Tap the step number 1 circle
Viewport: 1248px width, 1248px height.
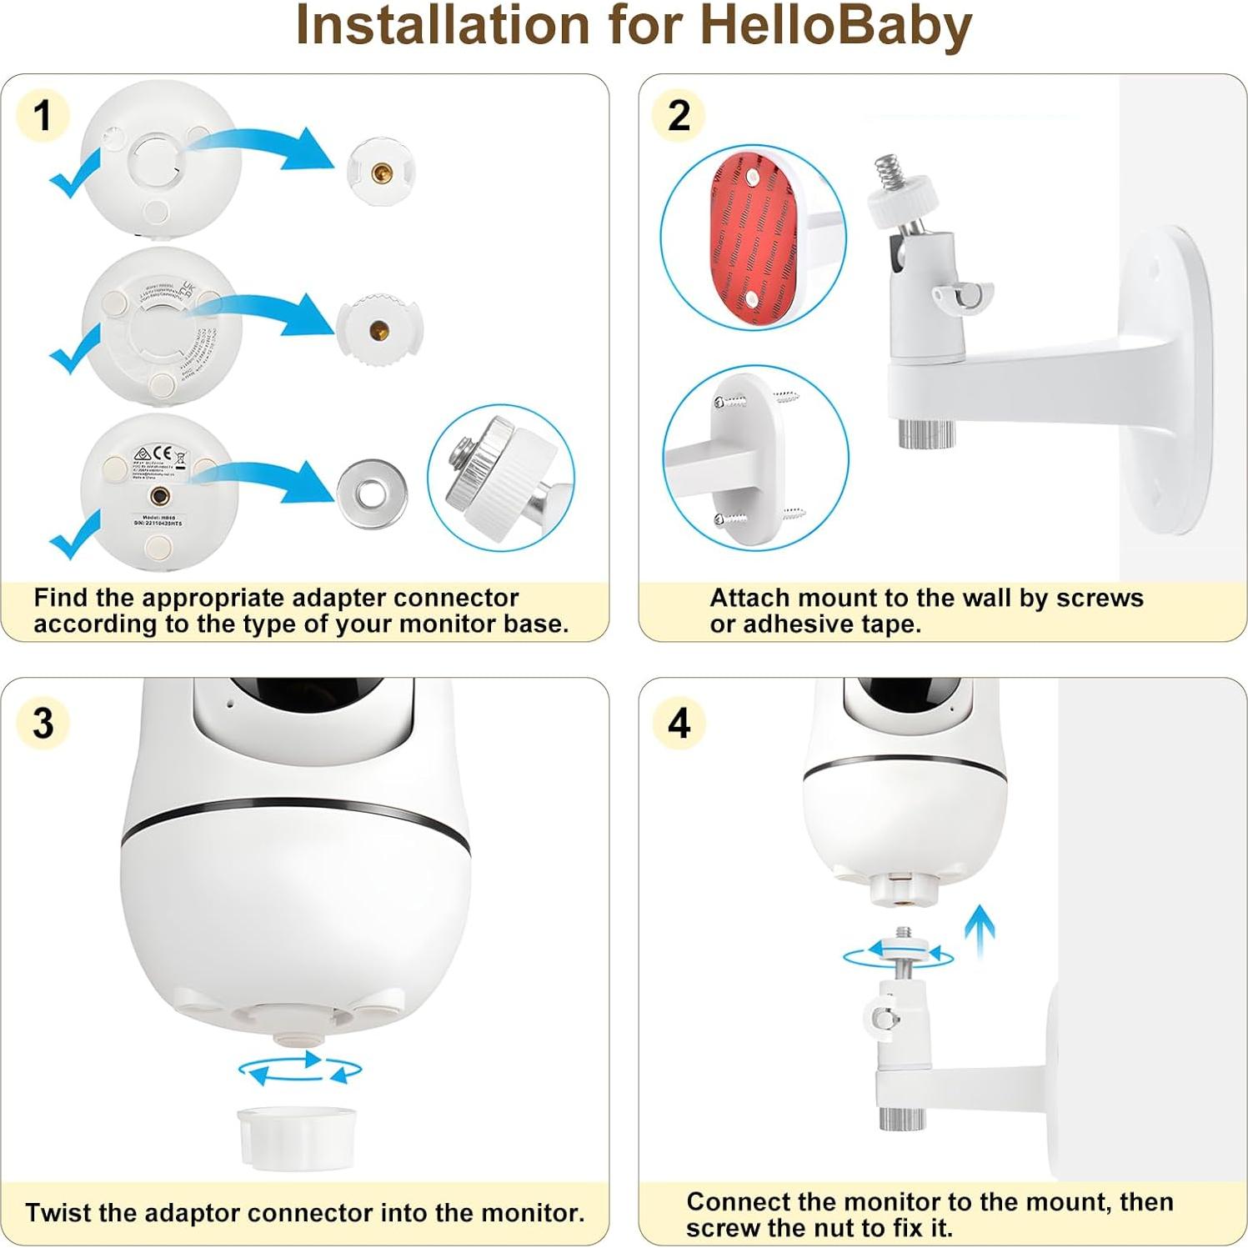coord(43,115)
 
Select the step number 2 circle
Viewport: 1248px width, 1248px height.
coord(679,115)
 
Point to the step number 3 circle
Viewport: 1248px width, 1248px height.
coord(43,722)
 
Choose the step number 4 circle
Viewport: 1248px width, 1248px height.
coord(679,722)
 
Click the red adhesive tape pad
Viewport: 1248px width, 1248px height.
coord(753,237)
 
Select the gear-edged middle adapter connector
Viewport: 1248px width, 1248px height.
coord(380,328)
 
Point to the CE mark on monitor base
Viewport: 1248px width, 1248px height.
coord(163,454)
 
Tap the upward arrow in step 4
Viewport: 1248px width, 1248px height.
coord(980,931)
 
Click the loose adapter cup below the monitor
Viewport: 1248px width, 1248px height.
coord(296,1135)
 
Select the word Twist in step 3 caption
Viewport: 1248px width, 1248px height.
coord(58,1212)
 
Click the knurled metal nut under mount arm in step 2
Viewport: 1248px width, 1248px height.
coord(926,431)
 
